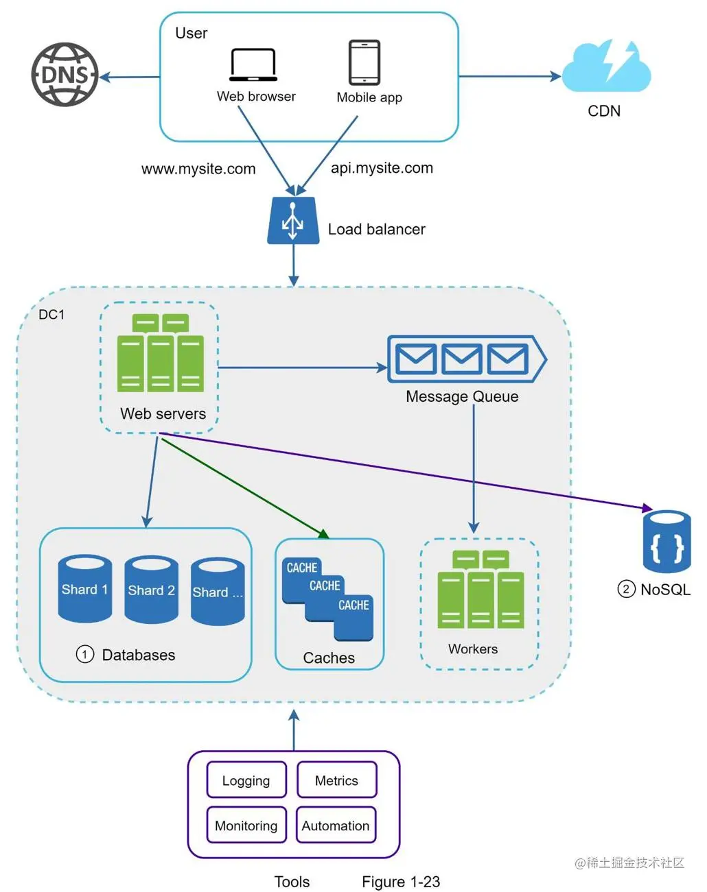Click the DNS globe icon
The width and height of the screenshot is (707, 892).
65,75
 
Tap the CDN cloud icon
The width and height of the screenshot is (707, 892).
607,67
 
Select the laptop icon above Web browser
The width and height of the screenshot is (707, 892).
253,64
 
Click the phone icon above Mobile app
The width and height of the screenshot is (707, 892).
364,62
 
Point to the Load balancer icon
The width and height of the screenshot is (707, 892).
293,221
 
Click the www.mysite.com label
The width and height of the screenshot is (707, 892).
198,169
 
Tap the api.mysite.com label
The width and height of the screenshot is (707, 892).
382,168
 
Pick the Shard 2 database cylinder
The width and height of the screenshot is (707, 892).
152,589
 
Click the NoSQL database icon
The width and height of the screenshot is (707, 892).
667,542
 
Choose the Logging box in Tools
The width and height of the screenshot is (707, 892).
246,780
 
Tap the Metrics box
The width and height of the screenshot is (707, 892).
336,780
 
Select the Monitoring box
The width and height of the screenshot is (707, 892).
246,825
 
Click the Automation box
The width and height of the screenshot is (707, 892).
336,825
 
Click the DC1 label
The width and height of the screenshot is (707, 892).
51,315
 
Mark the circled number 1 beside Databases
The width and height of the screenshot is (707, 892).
85,655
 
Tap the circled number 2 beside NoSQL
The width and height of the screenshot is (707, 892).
626,589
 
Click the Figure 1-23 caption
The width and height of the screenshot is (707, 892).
401,882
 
